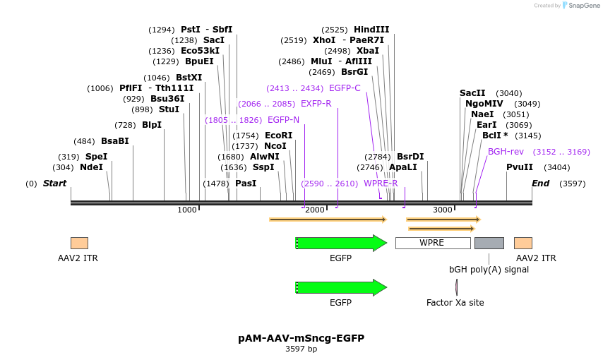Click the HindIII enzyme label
tap(371, 30)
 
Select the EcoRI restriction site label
tap(278, 136)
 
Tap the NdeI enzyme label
tap(92, 167)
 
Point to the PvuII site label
tap(520, 167)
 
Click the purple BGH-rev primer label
tap(506, 152)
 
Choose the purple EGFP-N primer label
tap(283, 120)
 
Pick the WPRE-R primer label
tap(381, 184)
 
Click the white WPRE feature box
tap(433, 243)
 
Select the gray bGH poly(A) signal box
tap(489, 243)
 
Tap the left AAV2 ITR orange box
tap(79, 243)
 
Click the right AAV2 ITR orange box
tap(523, 243)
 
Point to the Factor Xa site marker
tap(456, 287)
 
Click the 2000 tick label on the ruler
tap(315, 210)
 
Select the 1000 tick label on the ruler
tap(187, 210)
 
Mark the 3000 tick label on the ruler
tap(443, 210)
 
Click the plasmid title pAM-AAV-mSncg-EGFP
tap(301, 338)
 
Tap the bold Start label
tap(54, 184)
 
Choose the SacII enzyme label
tap(472, 93)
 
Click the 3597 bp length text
tap(301, 349)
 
